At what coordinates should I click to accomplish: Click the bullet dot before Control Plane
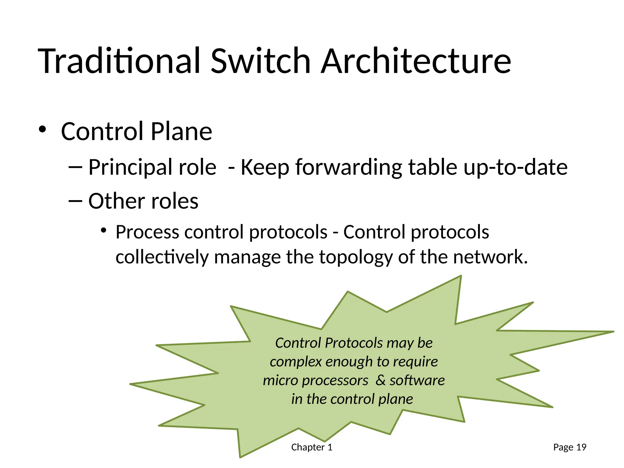[x=42, y=130]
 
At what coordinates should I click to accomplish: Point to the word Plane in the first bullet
[x=181, y=132]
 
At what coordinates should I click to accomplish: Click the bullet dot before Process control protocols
[x=104, y=230]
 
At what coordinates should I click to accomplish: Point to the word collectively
[x=162, y=257]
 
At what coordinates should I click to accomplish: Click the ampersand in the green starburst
[x=380, y=380]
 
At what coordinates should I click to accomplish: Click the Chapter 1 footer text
[x=312, y=447]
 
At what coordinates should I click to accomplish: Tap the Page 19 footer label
[x=569, y=447]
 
